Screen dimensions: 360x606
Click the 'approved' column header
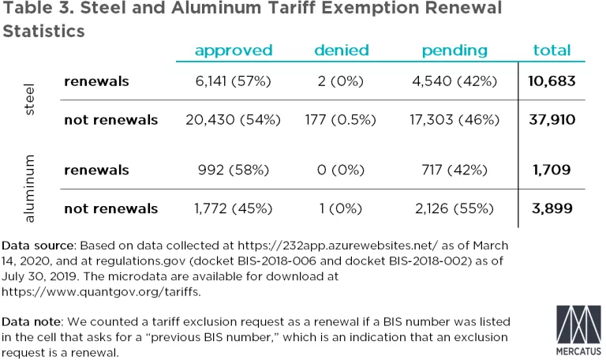point(234,51)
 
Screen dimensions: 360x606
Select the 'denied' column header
point(341,51)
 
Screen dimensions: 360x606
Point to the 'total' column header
point(552,51)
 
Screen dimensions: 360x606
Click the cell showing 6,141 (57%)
point(234,81)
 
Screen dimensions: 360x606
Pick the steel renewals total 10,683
point(552,81)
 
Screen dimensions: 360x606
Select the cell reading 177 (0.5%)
point(341,120)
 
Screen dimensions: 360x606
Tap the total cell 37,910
point(552,120)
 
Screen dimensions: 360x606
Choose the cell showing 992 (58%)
point(234,170)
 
